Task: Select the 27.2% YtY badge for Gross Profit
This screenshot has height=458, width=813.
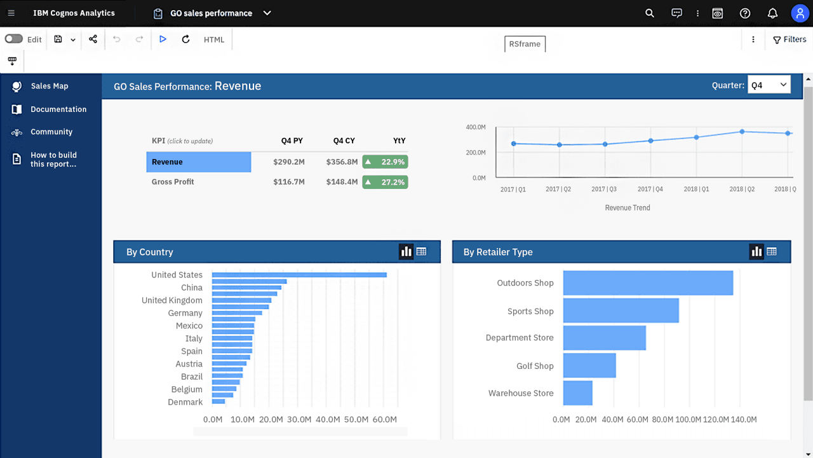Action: coord(385,182)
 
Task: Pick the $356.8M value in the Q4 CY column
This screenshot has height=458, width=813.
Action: coord(342,162)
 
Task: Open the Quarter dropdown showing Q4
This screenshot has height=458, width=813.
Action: coord(769,85)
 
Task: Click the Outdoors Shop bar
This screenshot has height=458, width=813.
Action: coord(648,283)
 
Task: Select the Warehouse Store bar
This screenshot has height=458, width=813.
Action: coord(578,393)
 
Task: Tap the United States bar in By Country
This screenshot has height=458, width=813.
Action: coord(299,275)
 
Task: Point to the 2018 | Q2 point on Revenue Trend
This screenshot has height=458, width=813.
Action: coord(742,132)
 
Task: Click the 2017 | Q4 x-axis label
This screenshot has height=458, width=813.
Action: coord(650,189)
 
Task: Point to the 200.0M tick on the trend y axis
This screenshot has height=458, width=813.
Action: coord(476,152)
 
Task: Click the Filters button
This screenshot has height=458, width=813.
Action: coord(789,39)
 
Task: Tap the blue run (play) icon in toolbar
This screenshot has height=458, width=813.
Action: coord(163,39)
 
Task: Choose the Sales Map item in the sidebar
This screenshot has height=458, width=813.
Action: coord(50,86)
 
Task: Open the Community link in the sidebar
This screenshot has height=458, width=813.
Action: coord(51,132)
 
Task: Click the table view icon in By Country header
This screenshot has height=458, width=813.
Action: coord(421,251)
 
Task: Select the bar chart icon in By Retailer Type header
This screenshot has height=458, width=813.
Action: coord(756,251)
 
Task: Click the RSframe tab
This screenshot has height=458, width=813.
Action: coord(525,44)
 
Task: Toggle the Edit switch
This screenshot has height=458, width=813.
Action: coord(14,39)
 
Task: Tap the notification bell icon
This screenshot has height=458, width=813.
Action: coord(772,13)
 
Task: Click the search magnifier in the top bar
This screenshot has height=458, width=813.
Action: coord(649,13)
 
